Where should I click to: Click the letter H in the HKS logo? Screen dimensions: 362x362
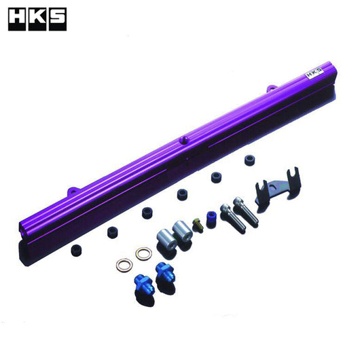18,19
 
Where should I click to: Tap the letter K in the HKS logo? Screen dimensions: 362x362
37,19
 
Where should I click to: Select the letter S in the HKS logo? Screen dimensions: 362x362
57,19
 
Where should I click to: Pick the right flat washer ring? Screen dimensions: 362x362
143,253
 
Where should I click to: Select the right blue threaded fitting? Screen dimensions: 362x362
164,272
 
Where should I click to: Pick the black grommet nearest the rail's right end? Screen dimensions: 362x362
250,162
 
